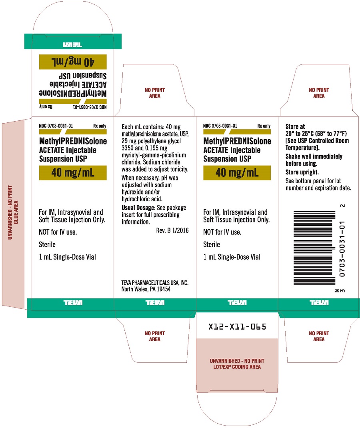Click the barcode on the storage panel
314,248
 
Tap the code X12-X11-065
237,326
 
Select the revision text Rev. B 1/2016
172,230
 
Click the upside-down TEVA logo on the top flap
73,44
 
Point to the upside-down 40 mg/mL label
73,62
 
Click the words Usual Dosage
138,208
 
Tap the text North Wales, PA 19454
146,289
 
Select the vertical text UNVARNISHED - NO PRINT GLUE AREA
13,212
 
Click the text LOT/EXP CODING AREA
237,367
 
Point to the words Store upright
302,172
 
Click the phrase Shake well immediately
314,156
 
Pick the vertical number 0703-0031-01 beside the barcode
342,249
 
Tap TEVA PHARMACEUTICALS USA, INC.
155,283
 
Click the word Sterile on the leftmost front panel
47,244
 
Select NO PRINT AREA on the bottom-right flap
319,336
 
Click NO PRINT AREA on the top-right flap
319,93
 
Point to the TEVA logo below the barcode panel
319,302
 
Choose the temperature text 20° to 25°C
300,134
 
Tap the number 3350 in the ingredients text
128,148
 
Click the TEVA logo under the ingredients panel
155,302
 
